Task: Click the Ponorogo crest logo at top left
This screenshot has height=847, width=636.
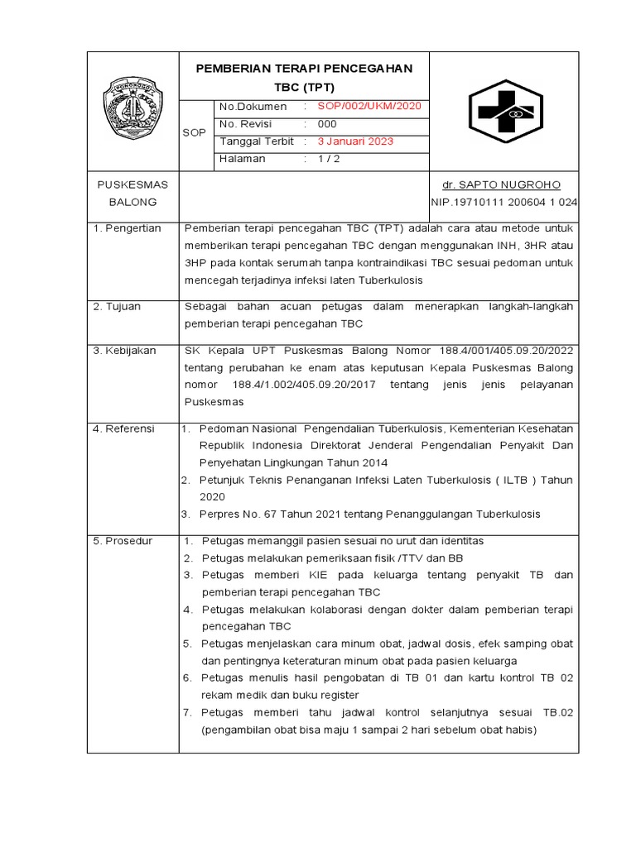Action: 132,109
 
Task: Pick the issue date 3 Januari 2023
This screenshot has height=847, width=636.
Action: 356,141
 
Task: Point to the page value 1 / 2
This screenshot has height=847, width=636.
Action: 328,159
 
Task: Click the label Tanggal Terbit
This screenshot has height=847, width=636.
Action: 256,141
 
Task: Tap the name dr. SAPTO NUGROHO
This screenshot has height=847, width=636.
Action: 504,184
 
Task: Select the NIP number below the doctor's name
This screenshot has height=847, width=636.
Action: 504,202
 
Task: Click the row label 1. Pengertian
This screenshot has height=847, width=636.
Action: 128,228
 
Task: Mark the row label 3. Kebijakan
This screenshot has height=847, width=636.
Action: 124,351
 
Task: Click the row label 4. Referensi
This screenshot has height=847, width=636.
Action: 123,428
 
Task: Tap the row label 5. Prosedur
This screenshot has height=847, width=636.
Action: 123,541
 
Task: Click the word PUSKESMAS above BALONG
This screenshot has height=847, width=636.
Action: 132,184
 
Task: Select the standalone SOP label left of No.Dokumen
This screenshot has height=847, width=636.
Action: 195,132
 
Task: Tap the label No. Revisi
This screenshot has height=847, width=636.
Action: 248,123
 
